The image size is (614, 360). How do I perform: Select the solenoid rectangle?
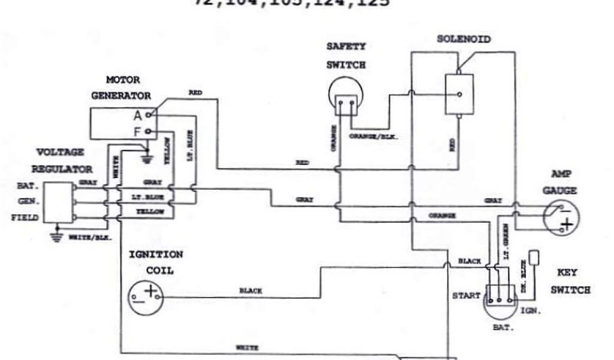tap(459, 94)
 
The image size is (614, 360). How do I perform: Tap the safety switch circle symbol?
tap(347, 98)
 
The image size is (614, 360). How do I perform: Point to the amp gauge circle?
tap(561, 217)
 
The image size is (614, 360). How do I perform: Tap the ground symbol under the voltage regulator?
tap(57, 236)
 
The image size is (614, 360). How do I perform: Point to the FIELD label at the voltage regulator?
tap(25, 218)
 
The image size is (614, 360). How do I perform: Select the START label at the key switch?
tap(466, 296)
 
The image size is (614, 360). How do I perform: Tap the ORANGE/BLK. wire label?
tap(374, 137)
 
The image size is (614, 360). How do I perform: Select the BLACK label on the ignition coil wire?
tap(251, 291)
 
